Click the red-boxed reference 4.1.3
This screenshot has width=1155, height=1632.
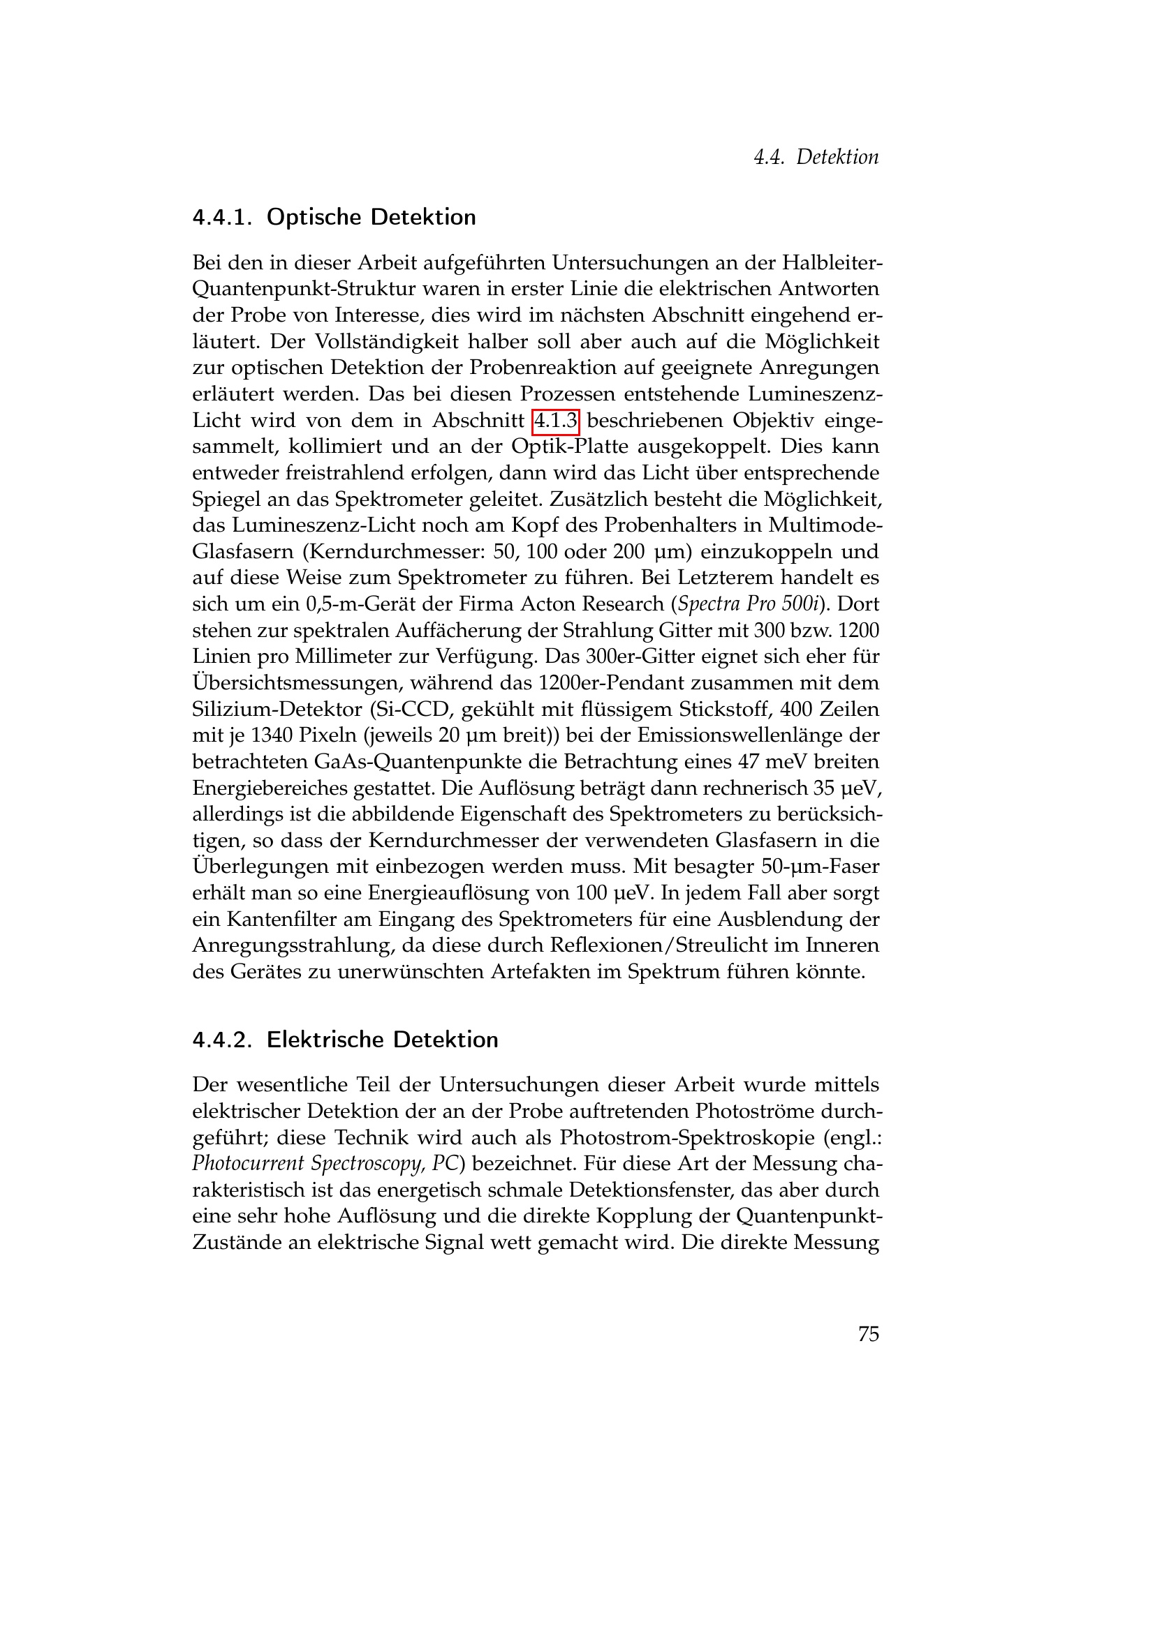(555, 421)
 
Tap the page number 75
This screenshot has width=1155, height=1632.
(869, 1334)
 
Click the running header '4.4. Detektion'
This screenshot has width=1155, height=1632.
(816, 157)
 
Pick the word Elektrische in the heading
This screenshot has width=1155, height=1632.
(325, 1040)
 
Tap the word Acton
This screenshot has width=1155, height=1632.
(548, 604)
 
